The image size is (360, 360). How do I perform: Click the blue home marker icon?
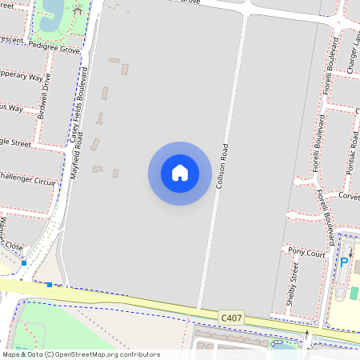180,173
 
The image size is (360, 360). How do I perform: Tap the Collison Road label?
225,170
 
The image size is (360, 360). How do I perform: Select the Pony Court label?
306,252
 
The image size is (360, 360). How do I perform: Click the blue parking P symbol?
344,262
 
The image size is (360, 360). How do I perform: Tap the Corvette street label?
349,196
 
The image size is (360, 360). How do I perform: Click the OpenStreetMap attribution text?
82,354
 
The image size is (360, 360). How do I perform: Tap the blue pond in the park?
50,10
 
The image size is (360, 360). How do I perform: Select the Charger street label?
352,52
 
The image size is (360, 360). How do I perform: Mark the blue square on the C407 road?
50,284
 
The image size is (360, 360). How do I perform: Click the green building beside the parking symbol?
354,294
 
